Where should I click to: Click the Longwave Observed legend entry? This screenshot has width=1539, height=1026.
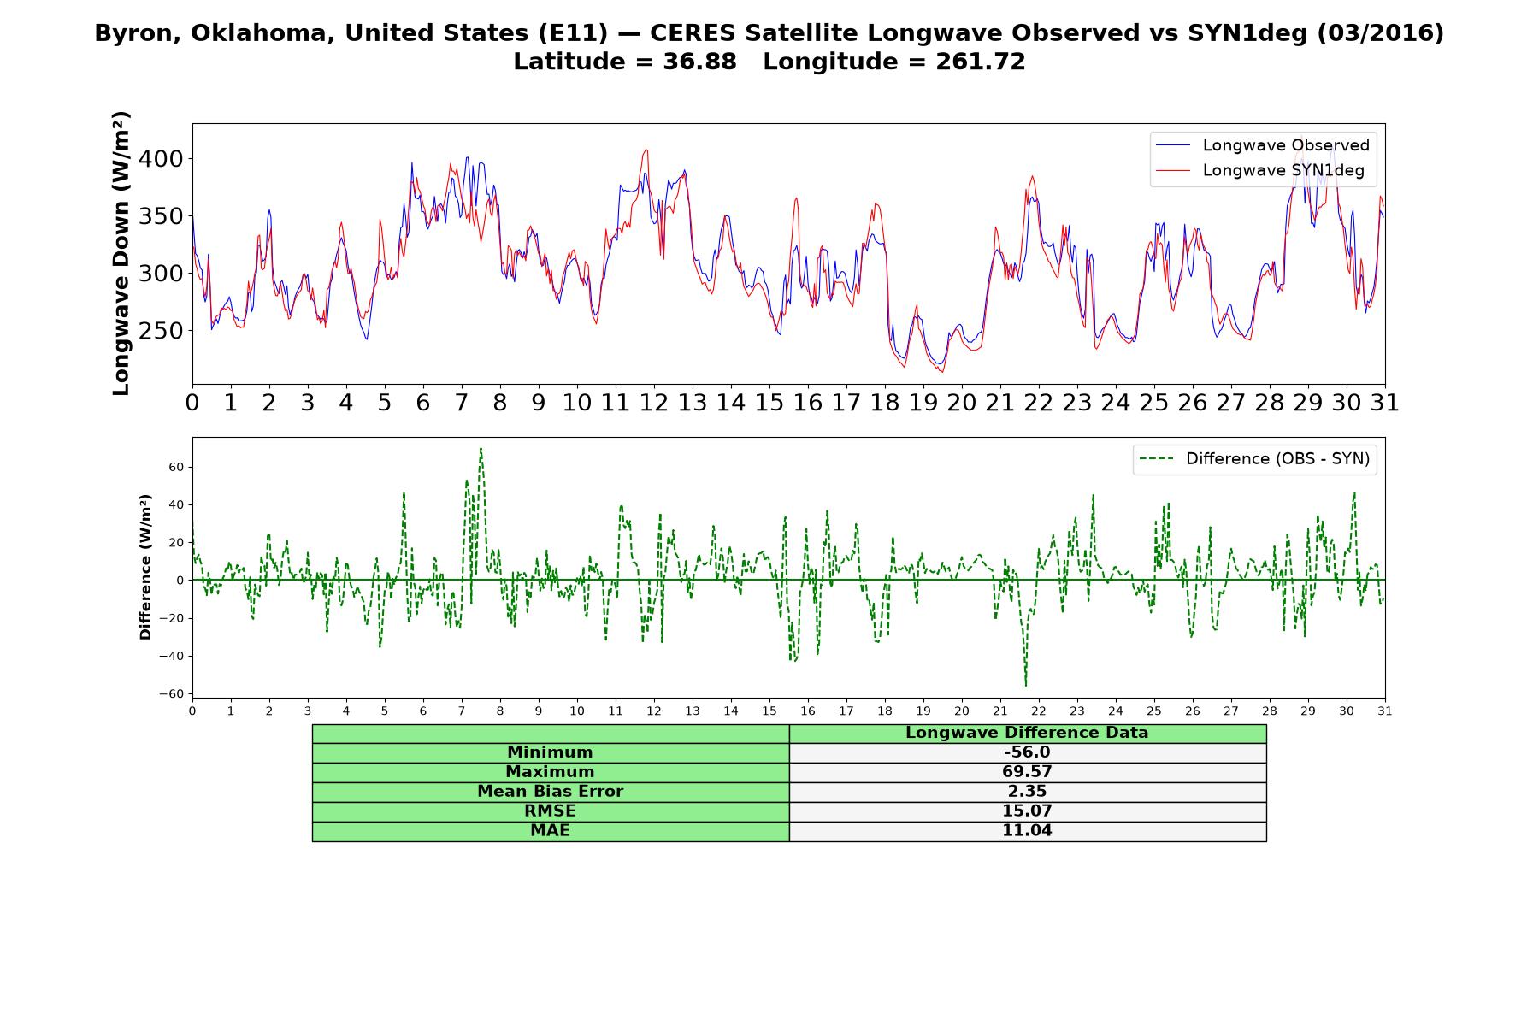coord(1262,145)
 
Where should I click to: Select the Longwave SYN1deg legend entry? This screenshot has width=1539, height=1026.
coord(1259,170)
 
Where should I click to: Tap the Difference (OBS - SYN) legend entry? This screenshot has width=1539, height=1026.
coord(1255,459)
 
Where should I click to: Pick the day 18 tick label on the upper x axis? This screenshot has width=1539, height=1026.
coord(885,403)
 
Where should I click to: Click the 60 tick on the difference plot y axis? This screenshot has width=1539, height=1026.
coord(177,467)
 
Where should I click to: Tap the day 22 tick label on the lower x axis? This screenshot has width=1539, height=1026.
coord(1039,711)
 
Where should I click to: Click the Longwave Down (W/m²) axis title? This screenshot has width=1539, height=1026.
coord(121,253)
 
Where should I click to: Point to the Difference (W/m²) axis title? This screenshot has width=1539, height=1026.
coord(145,567)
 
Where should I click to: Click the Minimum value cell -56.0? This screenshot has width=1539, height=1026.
coord(1027,752)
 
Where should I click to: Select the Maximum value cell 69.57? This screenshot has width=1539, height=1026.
coord(1027,772)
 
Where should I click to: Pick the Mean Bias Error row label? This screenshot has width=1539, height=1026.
coord(550,792)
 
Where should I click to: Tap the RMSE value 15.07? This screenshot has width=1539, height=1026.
coord(1027,811)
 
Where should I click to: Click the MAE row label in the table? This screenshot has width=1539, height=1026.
coord(550,831)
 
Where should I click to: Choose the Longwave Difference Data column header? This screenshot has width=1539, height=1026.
coord(1027,733)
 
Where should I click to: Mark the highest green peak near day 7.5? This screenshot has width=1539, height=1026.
coord(481,448)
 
